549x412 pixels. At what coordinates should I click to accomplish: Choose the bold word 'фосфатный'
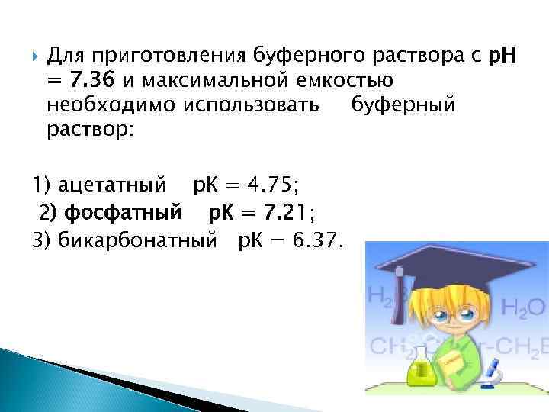pyautogui.click(x=123, y=211)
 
